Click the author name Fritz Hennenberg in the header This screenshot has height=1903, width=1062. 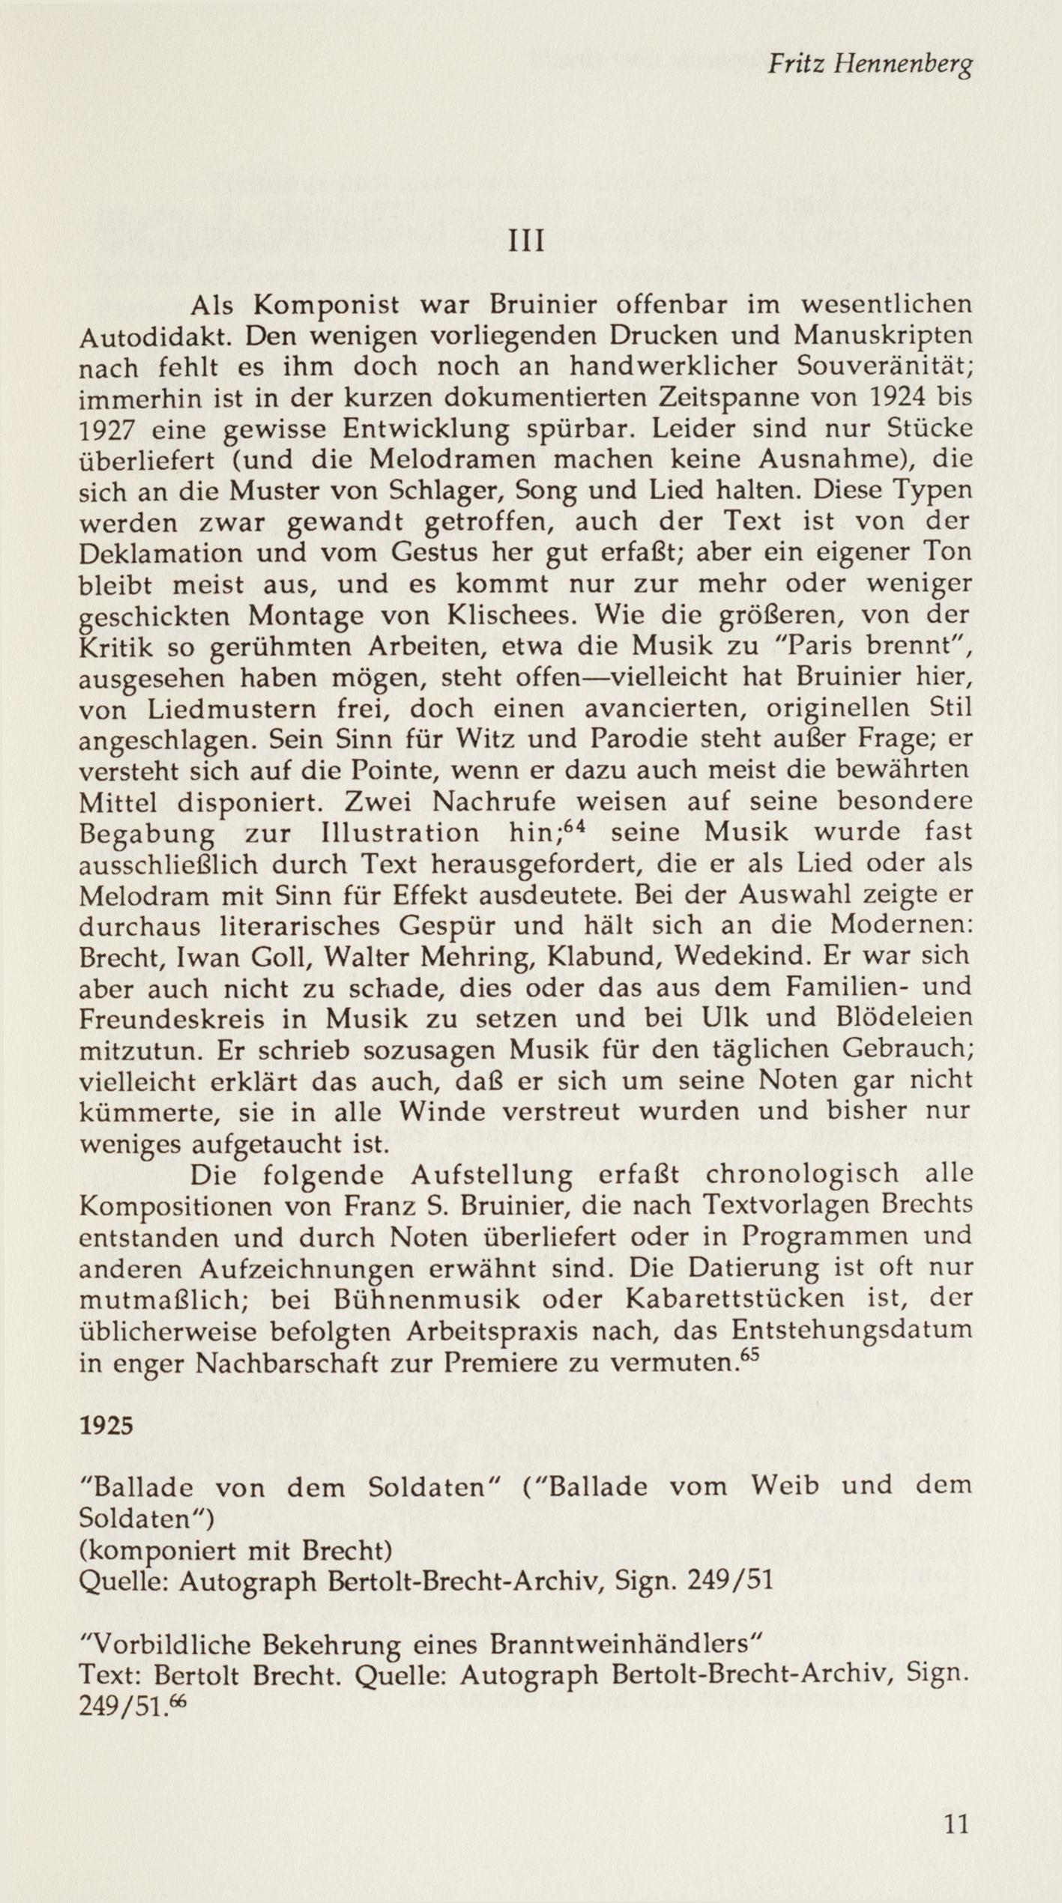[x=869, y=68]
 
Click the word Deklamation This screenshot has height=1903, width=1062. [x=161, y=554]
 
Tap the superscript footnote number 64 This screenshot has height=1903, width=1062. [x=573, y=825]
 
